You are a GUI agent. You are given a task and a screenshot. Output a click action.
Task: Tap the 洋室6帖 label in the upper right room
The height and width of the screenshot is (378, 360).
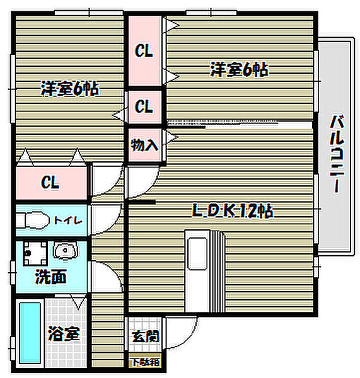[x=239, y=69]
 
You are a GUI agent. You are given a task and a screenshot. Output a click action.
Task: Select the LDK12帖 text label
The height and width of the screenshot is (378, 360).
[x=231, y=212]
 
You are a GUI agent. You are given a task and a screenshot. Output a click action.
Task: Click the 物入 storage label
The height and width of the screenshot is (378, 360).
[x=144, y=145]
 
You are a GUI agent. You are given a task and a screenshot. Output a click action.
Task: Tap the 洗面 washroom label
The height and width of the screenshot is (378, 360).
[x=50, y=276]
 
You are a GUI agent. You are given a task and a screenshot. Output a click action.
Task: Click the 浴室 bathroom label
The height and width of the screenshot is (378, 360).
[x=64, y=334]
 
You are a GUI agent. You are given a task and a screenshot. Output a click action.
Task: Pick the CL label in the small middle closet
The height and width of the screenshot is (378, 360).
[x=144, y=106]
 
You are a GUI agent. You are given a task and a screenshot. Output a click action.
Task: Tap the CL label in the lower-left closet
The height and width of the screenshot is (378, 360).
[x=50, y=183]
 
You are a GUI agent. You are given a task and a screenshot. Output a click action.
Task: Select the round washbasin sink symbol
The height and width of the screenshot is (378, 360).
[x=64, y=252]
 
